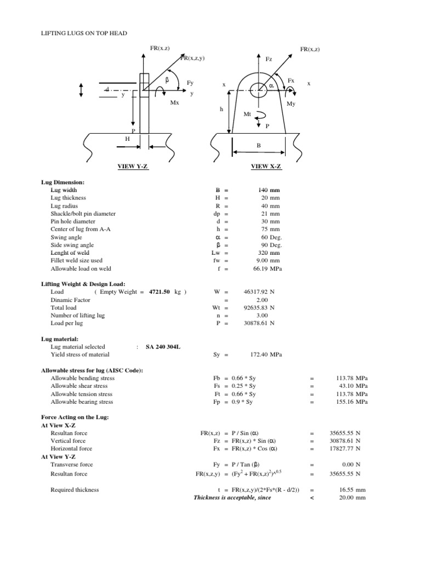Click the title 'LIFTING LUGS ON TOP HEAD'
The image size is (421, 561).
(84, 33)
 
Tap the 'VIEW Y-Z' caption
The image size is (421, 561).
(134, 167)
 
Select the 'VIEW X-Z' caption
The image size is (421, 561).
(264, 167)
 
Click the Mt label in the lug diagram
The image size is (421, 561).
(247, 115)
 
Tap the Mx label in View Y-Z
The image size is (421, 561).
(174, 102)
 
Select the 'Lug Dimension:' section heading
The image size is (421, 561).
(63, 182)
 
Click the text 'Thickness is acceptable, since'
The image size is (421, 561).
(232, 497)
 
